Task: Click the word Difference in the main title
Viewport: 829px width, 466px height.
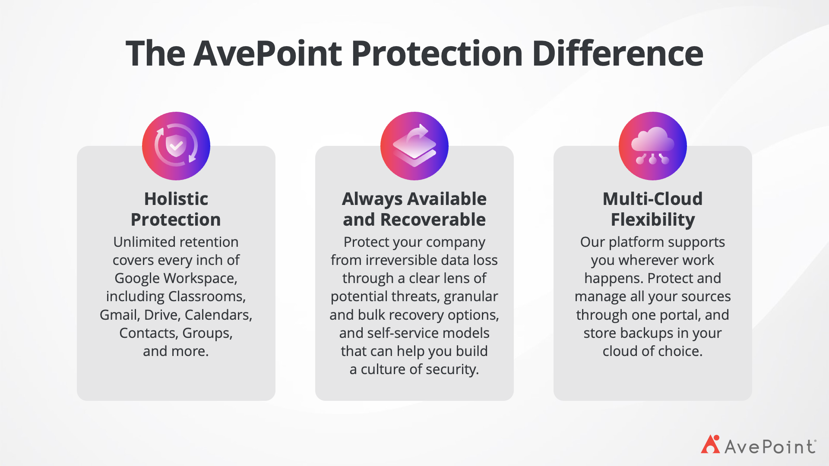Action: [617, 54]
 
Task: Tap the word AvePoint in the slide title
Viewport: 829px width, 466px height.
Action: [268, 54]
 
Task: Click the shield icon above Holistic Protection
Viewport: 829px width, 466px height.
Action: [176, 146]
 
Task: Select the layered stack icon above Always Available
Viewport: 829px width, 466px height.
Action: [414, 146]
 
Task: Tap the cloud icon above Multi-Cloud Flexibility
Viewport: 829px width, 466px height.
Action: [653, 146]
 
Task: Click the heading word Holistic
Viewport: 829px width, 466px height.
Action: [176, 199]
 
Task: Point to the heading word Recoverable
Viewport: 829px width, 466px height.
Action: [433, 220]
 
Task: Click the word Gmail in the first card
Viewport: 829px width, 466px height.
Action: [120, 315]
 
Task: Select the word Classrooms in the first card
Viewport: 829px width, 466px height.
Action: [207, 296]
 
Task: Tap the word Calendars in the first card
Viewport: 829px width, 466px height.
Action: [218, 315]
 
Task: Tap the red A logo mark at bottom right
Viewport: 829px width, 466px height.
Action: [711, 444]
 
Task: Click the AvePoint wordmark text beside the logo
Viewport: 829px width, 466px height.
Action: [770, 447]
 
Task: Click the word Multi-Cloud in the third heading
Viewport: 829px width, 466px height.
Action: [653, 199]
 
